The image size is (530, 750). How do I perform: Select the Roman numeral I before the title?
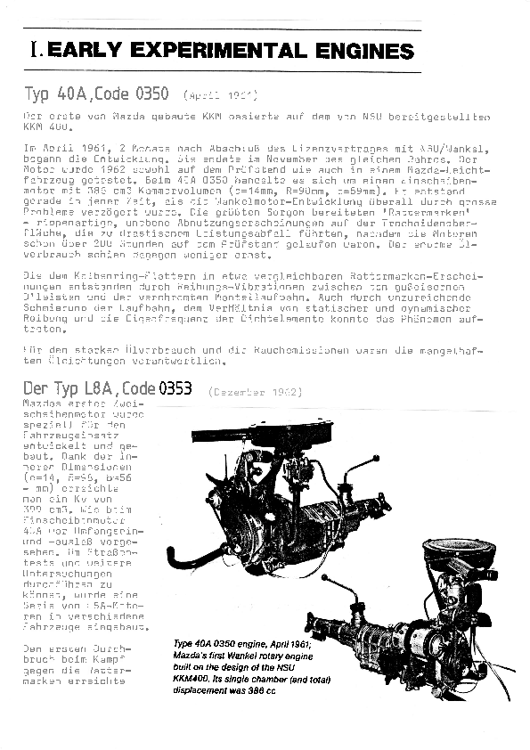[x=33, y=52]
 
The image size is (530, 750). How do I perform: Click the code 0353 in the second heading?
[x=175, y=389]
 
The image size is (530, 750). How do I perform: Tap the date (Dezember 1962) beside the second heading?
[x=255, y=391]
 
